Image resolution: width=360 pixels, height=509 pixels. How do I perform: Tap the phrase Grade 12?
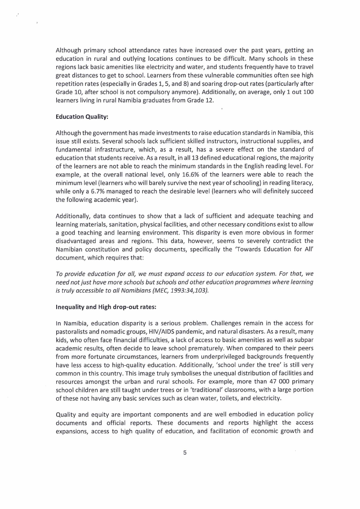198,100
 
